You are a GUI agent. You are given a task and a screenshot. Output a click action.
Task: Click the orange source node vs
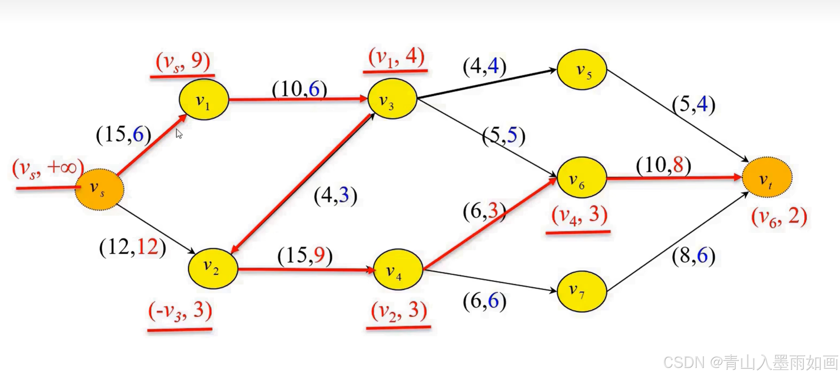pos(99,189)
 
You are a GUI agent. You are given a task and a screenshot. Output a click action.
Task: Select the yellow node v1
pos(204,100)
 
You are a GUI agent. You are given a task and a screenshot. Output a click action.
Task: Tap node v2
pos(212,268)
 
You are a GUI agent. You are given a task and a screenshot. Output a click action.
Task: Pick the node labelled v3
pos(392,99)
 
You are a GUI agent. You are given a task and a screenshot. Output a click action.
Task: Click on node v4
pos(398,269)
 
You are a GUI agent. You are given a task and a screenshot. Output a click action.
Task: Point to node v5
pos(582,69)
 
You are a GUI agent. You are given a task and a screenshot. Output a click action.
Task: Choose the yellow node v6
pos(582,178)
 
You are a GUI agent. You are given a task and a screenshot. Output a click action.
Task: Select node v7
pos(582,291)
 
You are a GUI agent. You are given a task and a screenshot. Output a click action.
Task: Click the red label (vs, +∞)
pos(48,168)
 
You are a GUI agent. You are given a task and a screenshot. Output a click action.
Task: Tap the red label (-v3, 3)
pos(180,311)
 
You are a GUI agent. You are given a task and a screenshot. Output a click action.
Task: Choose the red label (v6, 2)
pos(779,217)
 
